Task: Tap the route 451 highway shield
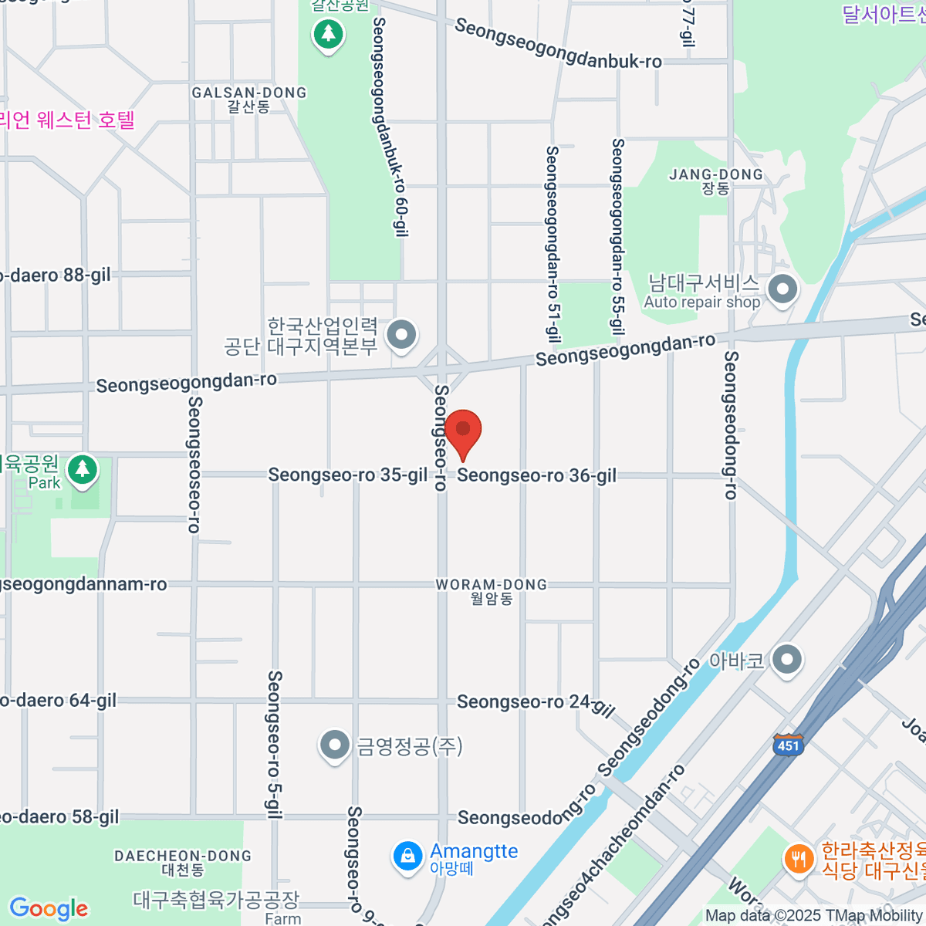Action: coord(788,745)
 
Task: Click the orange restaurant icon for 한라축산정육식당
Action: coord(799,858)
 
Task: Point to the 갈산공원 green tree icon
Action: coord(329,33)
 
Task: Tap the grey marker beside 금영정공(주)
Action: coord(334,745)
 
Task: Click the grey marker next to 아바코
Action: coord(787,661)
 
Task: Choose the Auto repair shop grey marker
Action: coord(783,290)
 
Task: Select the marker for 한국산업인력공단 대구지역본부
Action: coord(401,335)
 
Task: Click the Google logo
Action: coord(49,908)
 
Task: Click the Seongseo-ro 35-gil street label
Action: coord(347,475)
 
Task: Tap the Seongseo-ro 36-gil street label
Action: coord(537,475)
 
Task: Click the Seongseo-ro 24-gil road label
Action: coord(536,703)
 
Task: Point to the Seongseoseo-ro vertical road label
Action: coord(194,465)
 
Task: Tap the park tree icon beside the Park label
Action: coord(83,470)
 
